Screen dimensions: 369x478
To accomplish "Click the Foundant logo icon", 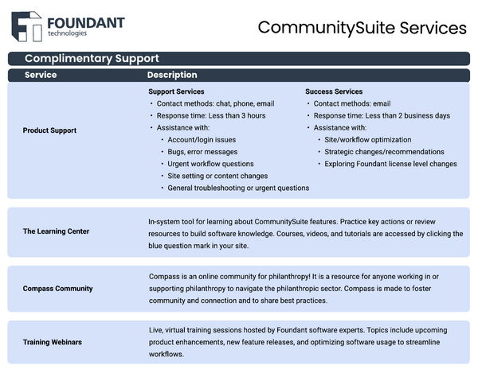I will (26, 26).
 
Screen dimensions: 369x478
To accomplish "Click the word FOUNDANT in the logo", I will (86, 22).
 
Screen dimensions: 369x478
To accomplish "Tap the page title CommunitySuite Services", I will (362, 28).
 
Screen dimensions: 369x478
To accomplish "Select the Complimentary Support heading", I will (92, 58).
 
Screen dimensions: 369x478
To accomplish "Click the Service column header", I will (41, 75).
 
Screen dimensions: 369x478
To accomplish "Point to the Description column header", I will (172, 75).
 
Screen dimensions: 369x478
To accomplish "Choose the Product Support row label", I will (49, 130).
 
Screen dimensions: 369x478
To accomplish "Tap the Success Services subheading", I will (334, 91).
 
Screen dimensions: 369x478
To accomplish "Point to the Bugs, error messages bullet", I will (202, 152).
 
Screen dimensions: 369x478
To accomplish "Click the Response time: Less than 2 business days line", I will (382, 115).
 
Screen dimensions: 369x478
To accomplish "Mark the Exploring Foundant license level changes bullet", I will (390, 164).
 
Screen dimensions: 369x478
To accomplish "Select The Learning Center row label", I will (56, 231).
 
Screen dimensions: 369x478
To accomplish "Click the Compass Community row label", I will (57, 289).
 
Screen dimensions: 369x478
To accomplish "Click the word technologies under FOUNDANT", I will (68, 33).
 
